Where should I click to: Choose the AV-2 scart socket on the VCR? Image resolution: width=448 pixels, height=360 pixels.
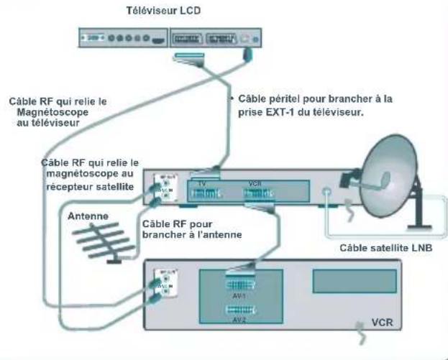point(240,310)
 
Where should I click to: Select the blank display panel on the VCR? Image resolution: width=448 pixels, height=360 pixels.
point(354,280)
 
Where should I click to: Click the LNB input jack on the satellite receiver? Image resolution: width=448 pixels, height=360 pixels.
point(328,192)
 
